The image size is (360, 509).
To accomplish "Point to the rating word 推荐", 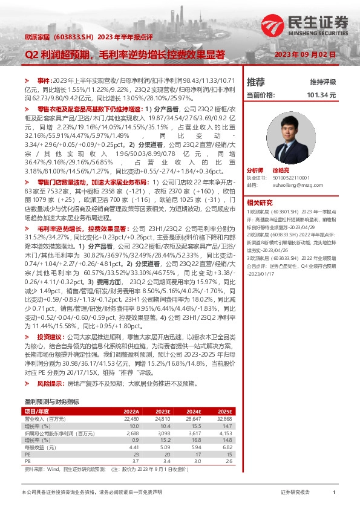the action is pyautogui.click(x=255, y=82).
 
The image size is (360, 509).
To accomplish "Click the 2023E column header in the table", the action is pyautogui.click(x=165, y=411).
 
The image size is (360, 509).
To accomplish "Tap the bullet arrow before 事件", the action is pyautogui.click(x=26, y=80).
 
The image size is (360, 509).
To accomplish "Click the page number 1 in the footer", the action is pyautogui.click(x=334, y=493).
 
